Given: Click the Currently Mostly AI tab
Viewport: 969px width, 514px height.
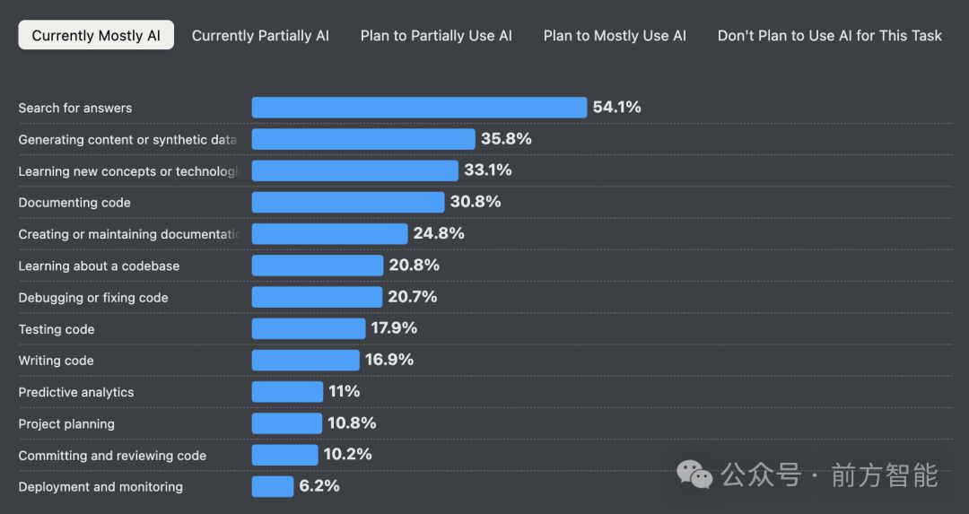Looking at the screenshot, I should pyautogui.click(x=96, y=36).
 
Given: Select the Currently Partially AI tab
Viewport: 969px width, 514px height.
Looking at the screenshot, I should pyautogui.click(x=260, y=36).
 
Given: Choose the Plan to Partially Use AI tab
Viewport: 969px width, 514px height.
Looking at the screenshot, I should pyautogui.click(x=436, y=36).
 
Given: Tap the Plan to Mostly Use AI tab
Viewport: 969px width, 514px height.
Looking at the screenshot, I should pyautogui.click(x=615, y=36).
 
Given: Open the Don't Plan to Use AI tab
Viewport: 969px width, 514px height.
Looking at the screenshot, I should pyautogui.click(x=829, y=36).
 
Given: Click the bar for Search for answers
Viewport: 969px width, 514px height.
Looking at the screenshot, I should pyautogui.click(x=419, y=108).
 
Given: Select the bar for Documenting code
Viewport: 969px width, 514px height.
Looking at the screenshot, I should pyautogui.click(x=348, y=203).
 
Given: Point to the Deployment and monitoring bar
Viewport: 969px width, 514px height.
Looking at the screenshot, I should pyautogui.click(x=273, y=487).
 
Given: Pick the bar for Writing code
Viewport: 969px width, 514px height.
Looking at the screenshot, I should pyautogui.click(x=305, y=361).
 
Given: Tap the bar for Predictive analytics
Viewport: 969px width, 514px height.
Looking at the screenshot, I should pyautogui.click(x=287, y=392).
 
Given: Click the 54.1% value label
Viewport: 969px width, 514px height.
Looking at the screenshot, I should pyautogui.click(x=617, y=108).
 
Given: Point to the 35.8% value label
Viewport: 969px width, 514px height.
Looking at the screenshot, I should pyautogui.click(x=506, y=139).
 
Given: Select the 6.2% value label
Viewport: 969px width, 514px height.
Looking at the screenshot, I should pyautogui.click(x=319, y=487).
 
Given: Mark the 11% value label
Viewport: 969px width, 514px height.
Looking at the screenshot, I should pyautogui.click(x=345, y=392).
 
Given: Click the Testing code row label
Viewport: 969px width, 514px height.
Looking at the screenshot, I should pyautogui.click(x=57, y=329).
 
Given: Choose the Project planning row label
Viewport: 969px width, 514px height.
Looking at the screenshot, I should pyautogui.click(x=66, y=424).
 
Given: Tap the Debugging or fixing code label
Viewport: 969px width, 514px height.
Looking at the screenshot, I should pyautogui.click(x=93, y=298).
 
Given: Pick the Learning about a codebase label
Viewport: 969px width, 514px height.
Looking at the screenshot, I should pyautogui.click(x=99, y=266).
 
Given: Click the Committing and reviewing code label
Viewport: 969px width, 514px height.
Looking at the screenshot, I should pyautogui.click(x=112, y=456).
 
